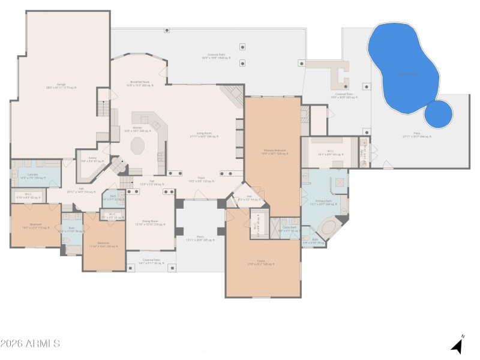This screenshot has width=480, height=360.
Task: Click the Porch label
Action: click(200, 238)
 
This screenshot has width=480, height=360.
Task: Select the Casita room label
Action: click(261, 262)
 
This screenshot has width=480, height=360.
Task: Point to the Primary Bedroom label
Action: click(275, 152)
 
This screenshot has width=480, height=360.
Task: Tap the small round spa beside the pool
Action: click(439, 113)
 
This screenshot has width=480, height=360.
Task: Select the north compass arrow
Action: click(458, 345)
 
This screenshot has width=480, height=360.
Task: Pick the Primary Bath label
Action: click(324, 203)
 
